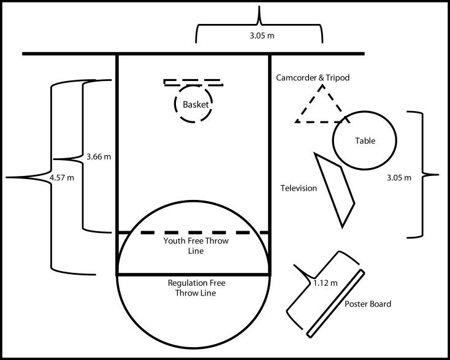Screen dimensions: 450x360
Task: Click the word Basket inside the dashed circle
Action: click(196, 104)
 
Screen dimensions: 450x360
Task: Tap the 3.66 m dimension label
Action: click(99, 157)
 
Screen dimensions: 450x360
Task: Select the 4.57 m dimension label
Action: click(62, 178)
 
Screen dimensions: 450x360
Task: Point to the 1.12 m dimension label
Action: click(325, 283)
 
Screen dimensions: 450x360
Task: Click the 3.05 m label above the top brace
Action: click(262, 36)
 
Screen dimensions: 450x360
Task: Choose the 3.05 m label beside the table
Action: click(399, 178)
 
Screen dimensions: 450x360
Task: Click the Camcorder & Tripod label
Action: click(313, 77)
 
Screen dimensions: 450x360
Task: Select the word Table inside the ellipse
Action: click(365, 140)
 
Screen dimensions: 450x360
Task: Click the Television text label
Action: click(299, 188)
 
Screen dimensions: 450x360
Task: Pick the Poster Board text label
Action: click(368, 304)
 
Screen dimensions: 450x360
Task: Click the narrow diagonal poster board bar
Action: click(336, 304)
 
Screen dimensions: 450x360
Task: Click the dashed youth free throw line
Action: click(204, 232)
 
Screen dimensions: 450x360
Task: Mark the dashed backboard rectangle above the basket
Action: click(194, 83)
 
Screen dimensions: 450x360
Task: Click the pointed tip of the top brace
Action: click(259, 6)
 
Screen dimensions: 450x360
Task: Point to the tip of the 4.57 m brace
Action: click(6, 178)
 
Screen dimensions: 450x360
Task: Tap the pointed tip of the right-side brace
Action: click(438, 174)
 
